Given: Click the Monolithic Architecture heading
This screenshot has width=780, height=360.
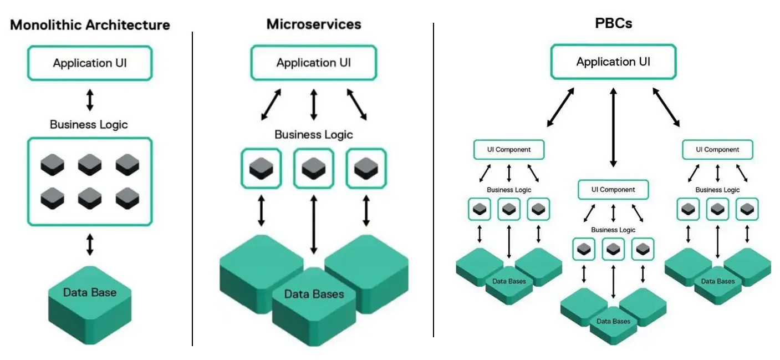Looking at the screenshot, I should [90, 25].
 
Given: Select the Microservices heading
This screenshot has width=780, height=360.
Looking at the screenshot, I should [313, 24].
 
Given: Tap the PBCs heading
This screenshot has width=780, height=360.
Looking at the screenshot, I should [613, 24].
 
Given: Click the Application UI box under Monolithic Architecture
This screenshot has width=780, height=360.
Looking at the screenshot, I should [90, 63].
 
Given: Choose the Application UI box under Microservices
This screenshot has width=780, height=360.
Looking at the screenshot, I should [313, 63].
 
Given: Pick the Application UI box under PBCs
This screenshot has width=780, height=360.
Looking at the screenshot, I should [613, 62].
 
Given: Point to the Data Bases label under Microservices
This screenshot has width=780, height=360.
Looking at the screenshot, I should [314, 294].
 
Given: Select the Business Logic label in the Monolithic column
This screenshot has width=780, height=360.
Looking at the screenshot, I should [89, 124].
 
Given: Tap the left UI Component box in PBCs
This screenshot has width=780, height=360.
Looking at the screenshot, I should [508, 149].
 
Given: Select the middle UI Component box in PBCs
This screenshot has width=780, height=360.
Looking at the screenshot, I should [613, 189].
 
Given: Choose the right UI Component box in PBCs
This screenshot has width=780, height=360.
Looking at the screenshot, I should [717, 149].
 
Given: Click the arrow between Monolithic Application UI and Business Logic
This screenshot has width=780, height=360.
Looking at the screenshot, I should [90, 99].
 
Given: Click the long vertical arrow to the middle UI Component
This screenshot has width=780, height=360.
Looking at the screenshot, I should [613, 127].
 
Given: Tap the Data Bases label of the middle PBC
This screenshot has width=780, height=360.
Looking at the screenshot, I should [613, 321].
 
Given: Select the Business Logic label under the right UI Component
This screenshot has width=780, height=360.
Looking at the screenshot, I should [717, 190].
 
